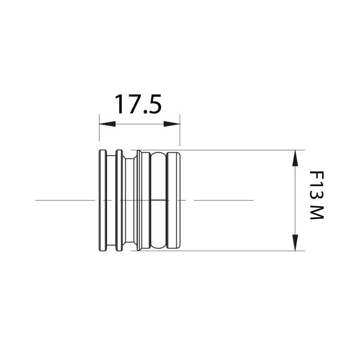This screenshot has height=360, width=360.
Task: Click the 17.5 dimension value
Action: pos(138,104)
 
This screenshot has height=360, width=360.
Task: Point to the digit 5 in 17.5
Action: pos(154,104)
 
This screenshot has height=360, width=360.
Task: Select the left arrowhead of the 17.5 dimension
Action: pos(107,124)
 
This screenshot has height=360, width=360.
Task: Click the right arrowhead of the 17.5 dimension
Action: pos(172,124)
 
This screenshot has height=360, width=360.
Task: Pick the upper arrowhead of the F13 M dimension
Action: pos(295,158)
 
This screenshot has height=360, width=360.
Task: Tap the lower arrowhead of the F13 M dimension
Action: pos(295,243)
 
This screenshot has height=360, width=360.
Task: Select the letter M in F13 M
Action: pos(317,212)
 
